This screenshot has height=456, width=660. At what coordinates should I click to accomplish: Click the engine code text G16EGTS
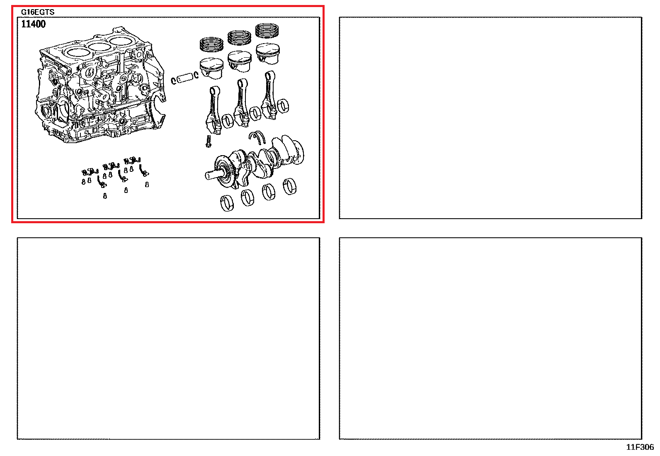click(38, 12)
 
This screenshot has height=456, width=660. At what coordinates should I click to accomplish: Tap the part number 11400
click(33, 24)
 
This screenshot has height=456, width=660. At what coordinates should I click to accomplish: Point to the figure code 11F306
click(640, 447)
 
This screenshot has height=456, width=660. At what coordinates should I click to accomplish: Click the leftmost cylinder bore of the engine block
click(77, 53)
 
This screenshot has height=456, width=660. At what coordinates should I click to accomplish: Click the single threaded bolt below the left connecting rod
click(209, 141)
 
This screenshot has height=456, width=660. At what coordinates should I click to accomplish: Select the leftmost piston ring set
click(211, 44)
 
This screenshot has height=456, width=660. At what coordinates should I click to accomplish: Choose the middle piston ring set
click(239, 37)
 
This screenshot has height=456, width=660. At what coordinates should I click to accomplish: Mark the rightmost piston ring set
click(267, 31)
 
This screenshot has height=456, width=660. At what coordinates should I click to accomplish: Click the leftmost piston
click(211, 68)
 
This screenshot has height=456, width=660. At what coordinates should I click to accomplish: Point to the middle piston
click(240, 61)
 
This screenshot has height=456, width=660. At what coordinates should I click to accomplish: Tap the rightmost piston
click(267, 54)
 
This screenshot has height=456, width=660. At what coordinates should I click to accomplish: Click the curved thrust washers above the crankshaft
click(257, 137)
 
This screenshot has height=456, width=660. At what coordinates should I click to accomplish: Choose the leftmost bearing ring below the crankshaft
click(227, 203)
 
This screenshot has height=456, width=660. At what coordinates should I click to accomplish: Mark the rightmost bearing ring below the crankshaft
click(290, 186)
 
